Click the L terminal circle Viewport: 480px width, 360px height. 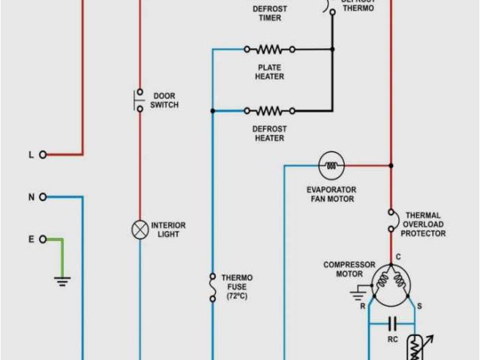click(43, 154)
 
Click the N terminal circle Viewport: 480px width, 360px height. click(43, 196)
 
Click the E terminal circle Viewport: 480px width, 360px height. click(43, 239)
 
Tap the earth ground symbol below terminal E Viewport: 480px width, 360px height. click(62, 280)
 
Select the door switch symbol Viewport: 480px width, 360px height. click(139, 101)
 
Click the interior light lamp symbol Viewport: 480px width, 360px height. click(139, 229)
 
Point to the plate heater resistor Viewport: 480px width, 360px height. click(268, 49)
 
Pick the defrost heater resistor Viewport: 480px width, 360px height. click(268, 111)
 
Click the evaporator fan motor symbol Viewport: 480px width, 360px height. click(331, 165)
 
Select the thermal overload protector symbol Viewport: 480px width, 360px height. click(391, 221)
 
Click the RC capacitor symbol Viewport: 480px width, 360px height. click(391, 324)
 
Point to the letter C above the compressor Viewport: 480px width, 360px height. click(398, 257)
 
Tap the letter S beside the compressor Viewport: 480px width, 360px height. click(418, 307)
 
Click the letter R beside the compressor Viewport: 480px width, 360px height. click(363, 307)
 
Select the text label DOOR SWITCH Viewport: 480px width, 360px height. click(164, 100)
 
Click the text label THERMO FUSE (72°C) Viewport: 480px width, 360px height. click(236, 287)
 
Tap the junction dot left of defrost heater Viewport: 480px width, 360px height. click(213, 111)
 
